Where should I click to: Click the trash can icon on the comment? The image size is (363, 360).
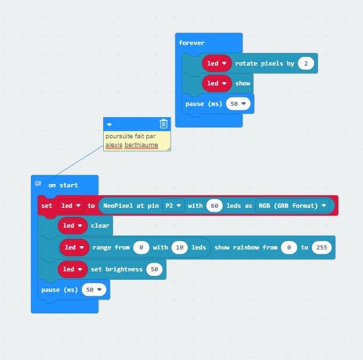click(163, 124)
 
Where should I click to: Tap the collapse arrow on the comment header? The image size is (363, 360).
click(109, 124)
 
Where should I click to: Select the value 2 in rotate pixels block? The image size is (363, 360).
click(306, 64)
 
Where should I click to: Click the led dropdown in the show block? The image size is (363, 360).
click(217, 83)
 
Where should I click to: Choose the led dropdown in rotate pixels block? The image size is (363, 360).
click(217, 64)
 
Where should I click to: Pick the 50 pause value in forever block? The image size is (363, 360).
click(238, 104)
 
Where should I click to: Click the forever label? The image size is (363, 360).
click(192, 43)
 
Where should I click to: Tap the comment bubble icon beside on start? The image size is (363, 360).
click(38, 184)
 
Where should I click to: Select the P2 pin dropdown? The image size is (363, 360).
click(173, 206)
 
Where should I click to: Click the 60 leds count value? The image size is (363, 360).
click(214, 206)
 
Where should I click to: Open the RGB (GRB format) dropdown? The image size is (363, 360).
click(292, 206)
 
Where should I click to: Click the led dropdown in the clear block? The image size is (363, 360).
click(73, 226)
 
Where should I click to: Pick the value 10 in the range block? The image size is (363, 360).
click(179, 247)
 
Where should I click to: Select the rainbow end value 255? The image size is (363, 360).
click(321, 247)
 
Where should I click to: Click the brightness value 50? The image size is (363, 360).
click(154, 269)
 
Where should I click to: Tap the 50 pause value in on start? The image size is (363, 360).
click(94, 290)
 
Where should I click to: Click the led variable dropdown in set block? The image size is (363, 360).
click(71, 206)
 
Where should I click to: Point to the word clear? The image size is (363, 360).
click(100, 226)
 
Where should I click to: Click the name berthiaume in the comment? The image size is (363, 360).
click(141, 145)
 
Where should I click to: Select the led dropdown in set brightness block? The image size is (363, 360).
click(73, 269)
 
